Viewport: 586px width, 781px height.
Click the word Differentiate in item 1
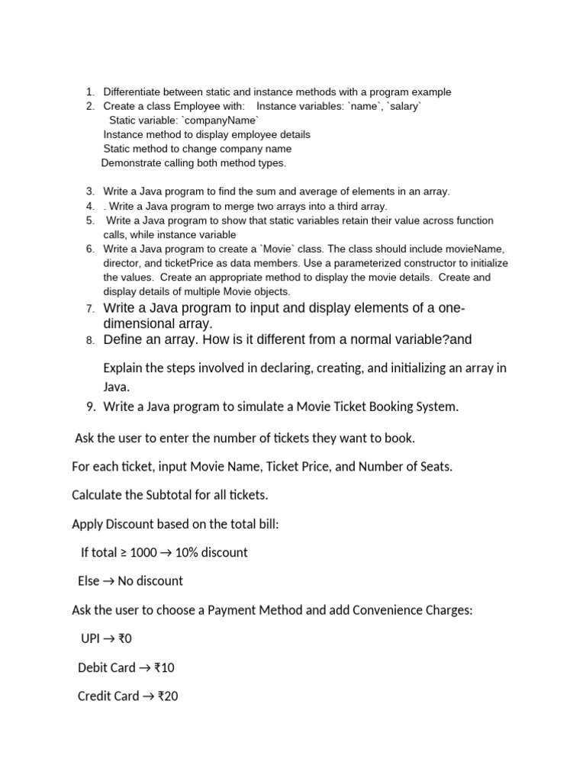(x=133, y=92)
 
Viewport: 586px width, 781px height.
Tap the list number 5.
(x=89, y=220)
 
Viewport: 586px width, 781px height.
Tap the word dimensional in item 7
(x=138, y=323)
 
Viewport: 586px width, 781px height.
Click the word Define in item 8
(x=123, y=339)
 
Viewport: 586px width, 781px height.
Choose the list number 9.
(x=90, y=407)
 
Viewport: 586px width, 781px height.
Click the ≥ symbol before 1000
(x=124, y=552)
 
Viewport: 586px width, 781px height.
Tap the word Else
(x=89, y=581)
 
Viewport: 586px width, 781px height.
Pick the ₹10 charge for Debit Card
(x=164, y=668)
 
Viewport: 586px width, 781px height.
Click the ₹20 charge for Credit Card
(x=168, y=696)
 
